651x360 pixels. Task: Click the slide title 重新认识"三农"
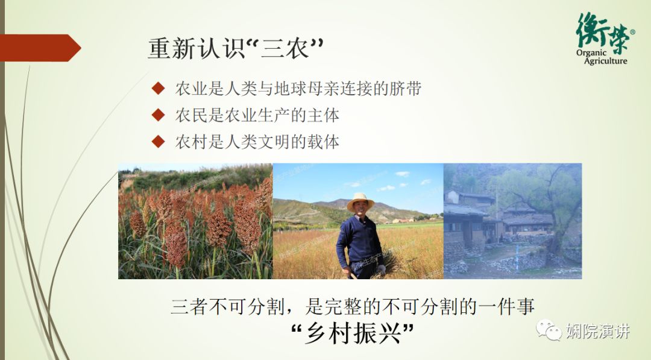tap(236, 49)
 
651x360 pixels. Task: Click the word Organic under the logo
tap(591, 53)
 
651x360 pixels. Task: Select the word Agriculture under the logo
tap(605, 61)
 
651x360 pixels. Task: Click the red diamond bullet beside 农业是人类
tap(158, 88)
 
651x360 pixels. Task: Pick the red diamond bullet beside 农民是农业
tap(158, 115)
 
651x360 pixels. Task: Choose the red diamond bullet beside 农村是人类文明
tap(158, 142)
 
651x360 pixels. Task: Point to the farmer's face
tap(359, 209)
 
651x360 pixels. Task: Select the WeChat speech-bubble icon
tap(549, 330)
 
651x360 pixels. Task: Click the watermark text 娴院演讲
tap(598, 331)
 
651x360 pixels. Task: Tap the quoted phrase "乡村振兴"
tap(353, 333)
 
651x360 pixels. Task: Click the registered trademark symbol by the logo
tap(632, 32)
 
